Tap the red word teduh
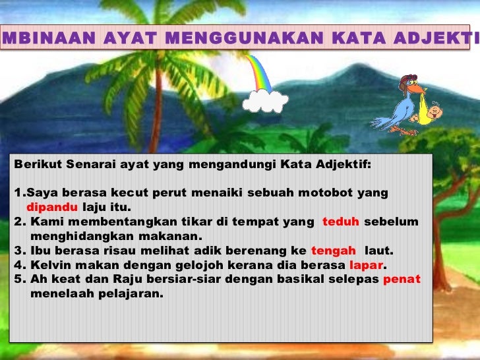point(340,222)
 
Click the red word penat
point(402,280)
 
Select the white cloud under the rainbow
point(265,101)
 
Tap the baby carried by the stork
point(431,114)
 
